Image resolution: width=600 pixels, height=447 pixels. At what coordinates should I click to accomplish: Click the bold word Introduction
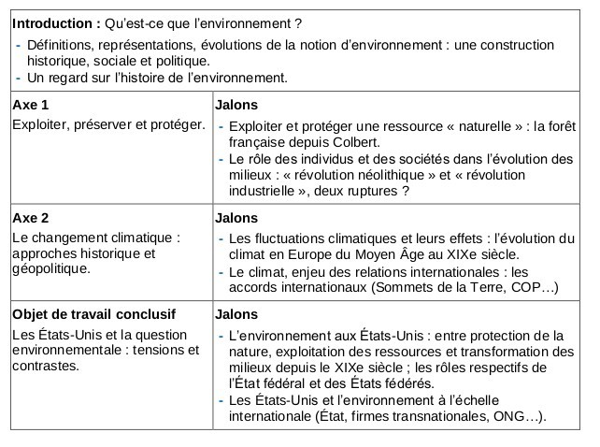pyautogui.click(x=54, y=22)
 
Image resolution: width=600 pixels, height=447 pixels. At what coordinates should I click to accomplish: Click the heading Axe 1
pyautogui.click(x=30, y=105)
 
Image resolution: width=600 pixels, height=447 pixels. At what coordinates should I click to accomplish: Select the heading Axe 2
pyautogui.click(x=30, y=218)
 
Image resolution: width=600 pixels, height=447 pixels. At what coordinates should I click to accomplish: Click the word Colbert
pyautogui.click(x=353, y=142)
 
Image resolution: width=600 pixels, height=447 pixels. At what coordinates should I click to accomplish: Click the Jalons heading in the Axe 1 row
pyautogui.click(x=236, y=105)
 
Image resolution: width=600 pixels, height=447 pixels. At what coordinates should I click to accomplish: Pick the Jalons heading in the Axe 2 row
pyautogui.click(x=236, y=218)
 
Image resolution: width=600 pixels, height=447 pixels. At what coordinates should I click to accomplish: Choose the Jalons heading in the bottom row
pyautogui.click(x=236, y=313)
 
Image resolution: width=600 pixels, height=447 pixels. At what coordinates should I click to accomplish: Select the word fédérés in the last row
pyautogui.click(x=405, y=383)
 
